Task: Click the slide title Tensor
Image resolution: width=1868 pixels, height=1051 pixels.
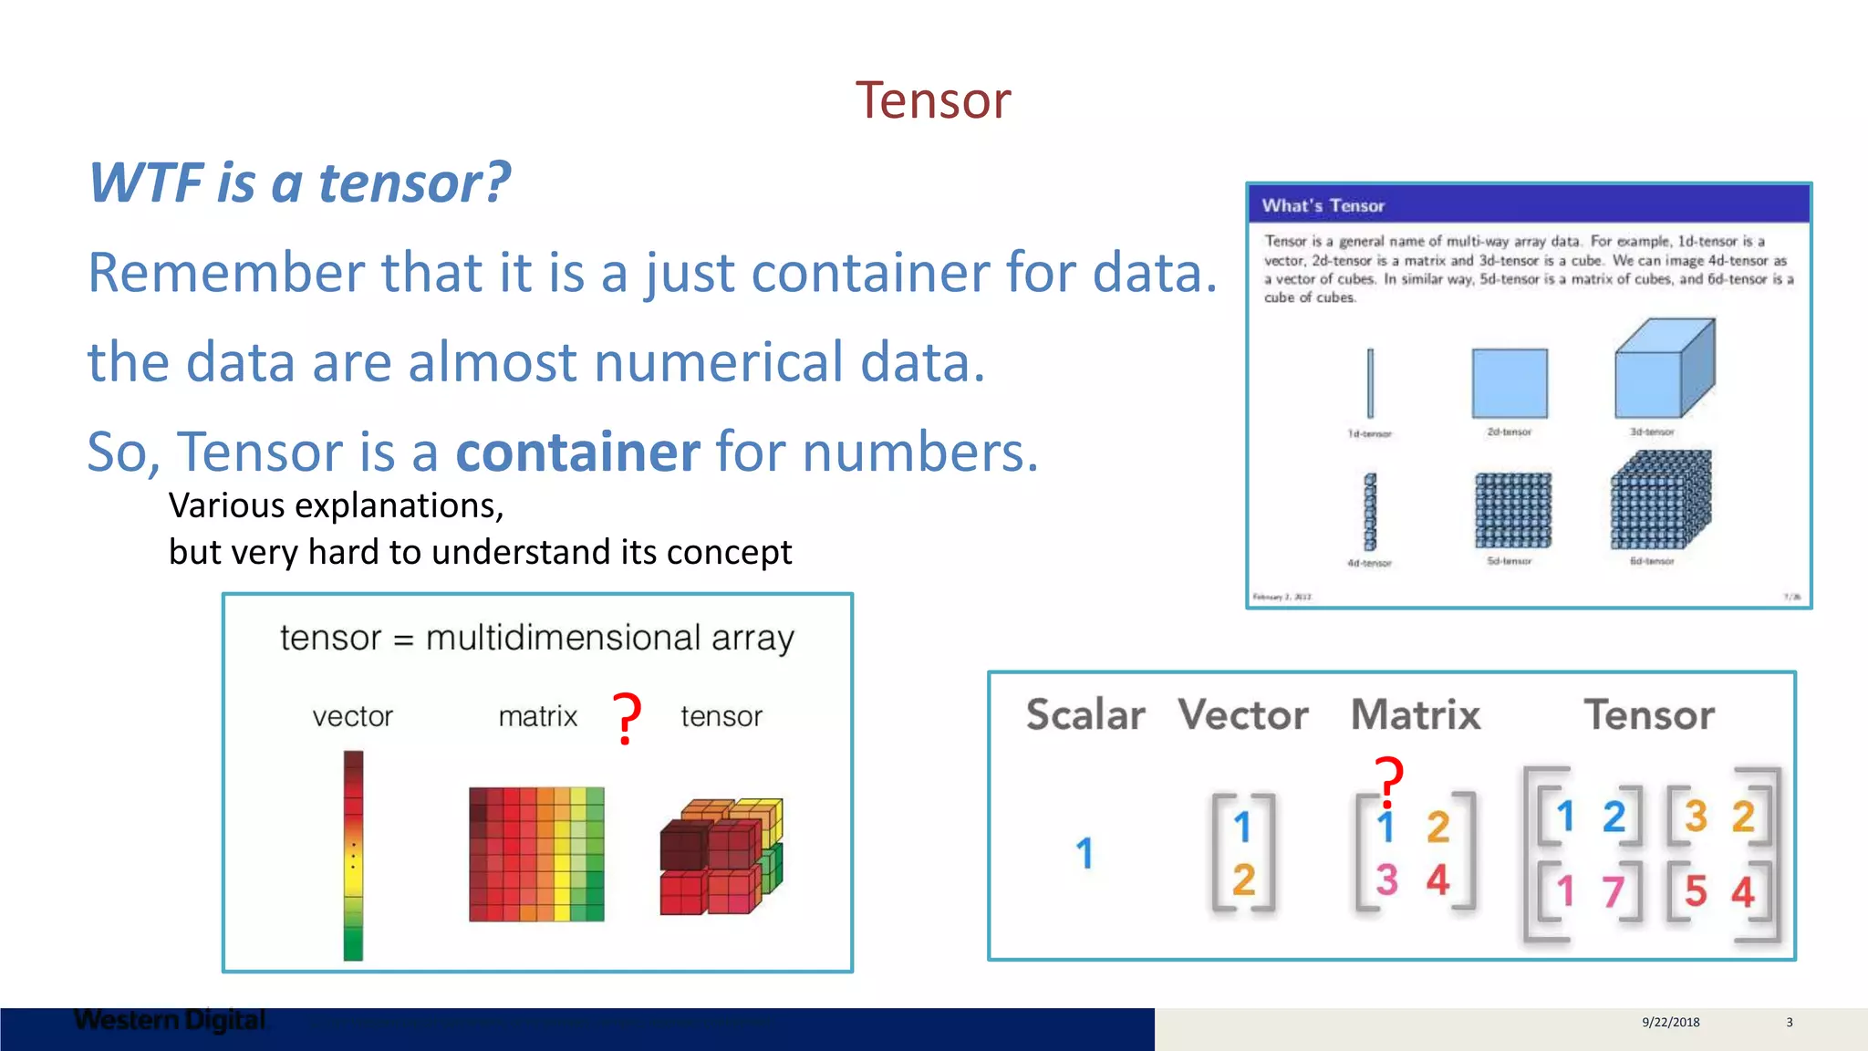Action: pos(932,99)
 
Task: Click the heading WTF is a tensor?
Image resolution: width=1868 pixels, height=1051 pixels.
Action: pos(299,182)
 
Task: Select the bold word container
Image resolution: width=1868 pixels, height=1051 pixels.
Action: pos(577,452)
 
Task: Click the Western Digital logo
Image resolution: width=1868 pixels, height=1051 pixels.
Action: pos(170,1020)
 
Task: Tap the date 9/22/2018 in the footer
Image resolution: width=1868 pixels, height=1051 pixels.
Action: pos(1670,1022)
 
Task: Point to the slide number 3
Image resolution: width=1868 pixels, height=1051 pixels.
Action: pos(1789,1022)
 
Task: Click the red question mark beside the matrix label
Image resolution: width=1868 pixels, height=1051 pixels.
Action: pos(627,719)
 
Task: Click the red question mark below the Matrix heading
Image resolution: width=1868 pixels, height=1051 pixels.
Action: pos(1389,781)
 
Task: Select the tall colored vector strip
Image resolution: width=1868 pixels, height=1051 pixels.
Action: pos(353,855)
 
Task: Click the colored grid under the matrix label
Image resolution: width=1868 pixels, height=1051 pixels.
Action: pos(536,854)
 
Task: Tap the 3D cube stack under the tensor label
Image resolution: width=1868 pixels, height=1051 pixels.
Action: pos(721,856)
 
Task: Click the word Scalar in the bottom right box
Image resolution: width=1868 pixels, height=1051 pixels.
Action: pos(1084,714)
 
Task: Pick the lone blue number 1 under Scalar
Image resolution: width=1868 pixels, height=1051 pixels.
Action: pos(1084,854)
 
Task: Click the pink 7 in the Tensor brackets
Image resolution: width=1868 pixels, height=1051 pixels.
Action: pos(1613,891)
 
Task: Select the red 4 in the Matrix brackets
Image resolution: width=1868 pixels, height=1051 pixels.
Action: pos(1438,880)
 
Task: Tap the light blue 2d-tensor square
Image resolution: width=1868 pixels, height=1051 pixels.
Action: pos(1510,383)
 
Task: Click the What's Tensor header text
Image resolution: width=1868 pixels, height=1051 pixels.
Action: pos(1323,206)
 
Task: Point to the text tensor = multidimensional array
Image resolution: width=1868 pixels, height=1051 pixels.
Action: pos(536,638)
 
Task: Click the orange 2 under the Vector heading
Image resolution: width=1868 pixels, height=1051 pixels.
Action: pos(1243,880)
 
